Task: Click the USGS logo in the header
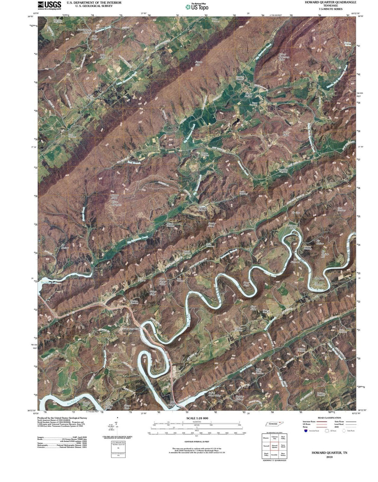(49, 5)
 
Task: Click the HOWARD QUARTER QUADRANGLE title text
(325, 2)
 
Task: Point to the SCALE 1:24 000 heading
(197, 418)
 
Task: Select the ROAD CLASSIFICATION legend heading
(329, 418)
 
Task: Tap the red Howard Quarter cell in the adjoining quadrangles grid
(275, 445)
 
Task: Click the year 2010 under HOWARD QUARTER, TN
(329, 457)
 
